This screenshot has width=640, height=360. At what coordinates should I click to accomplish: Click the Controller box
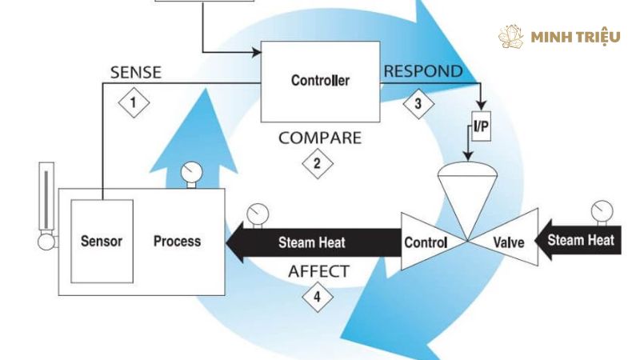coord(321,82)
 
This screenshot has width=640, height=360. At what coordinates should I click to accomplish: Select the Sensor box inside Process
coord(102,242)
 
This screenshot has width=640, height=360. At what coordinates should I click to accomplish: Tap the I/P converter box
coord(482,126)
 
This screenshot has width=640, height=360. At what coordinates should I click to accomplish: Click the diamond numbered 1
coord(134,102)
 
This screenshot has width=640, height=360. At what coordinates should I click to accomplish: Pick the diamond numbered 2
coord(318,164)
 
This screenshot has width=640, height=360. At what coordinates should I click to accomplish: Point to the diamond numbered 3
coord(418,104)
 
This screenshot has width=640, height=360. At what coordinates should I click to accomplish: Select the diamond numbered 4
coord(318,297)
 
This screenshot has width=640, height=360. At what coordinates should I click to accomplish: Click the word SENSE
coord(136,72)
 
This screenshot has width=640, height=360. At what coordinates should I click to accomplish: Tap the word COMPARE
coord(320,138)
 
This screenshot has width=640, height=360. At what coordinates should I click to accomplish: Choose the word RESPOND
coord(423,71)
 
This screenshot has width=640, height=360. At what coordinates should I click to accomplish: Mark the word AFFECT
coord(318,271)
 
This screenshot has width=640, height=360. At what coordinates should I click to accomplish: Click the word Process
coord(177,242)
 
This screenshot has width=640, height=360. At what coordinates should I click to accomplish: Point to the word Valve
coord(509,242)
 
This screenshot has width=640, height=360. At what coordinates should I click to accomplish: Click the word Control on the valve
coord(426,242)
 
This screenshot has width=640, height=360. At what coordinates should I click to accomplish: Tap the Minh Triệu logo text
coord(575,38)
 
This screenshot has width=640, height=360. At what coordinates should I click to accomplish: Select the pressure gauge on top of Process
coord(191,175)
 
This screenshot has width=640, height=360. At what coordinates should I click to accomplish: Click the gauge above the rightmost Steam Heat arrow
coord(602,213)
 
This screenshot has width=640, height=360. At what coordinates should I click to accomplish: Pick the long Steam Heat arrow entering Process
coord(313,242)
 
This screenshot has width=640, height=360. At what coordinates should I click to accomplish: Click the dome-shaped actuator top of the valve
coord(467,169)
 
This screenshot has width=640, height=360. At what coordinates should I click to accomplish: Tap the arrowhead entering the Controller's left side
coord(257,52)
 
